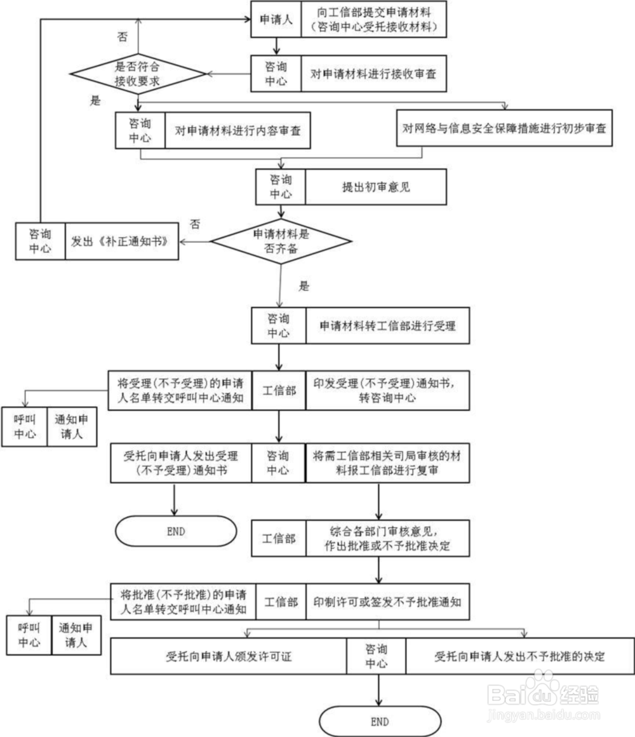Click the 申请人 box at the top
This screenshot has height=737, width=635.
pyautogui.click(x=276, y=20)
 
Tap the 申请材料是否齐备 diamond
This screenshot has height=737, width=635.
pyautogui.click(x=280, y=241)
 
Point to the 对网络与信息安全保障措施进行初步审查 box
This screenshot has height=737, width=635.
pyautogui.click(x=504, y=128)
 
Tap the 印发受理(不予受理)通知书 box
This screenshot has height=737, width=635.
pyautogui.click(x=387, y=390)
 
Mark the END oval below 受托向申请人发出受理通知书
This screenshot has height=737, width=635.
pyautogui.click(x=175, y=531)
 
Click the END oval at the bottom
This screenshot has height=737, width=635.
pyautogui.click(x=379, y=722)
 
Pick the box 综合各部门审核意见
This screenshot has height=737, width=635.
pyautogui.click(x=387, y=538)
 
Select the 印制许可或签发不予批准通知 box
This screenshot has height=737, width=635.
pyautogui.click(x=387, y=601)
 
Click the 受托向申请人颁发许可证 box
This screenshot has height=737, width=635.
pyautogui.click(x=228, y=656)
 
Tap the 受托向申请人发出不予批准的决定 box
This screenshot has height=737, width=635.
pyautogui.click(x=519, y=656)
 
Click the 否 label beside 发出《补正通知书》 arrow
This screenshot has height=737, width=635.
pyautogui.click(x=196, y=224)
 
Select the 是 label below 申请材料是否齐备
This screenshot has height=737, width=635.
pyautogui.click(x=304, y=286)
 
